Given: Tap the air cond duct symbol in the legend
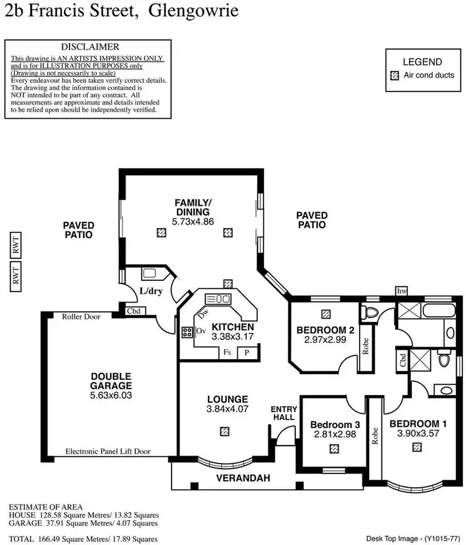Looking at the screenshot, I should point(394,75).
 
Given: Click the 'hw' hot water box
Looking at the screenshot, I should point(403,291).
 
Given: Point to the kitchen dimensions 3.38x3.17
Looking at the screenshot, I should point(232,336).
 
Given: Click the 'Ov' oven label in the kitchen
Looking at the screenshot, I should point(201,331).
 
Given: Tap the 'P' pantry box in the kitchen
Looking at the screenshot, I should point(247,352).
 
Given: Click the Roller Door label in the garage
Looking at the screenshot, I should point(81,316).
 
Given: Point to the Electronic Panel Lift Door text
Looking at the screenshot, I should point(107,452).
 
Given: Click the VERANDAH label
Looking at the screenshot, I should point(237,479).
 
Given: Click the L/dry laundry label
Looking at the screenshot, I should point(150,290).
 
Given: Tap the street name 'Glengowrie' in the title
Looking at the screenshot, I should point(193,11).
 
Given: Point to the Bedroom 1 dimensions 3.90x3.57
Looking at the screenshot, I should point(414,434).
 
